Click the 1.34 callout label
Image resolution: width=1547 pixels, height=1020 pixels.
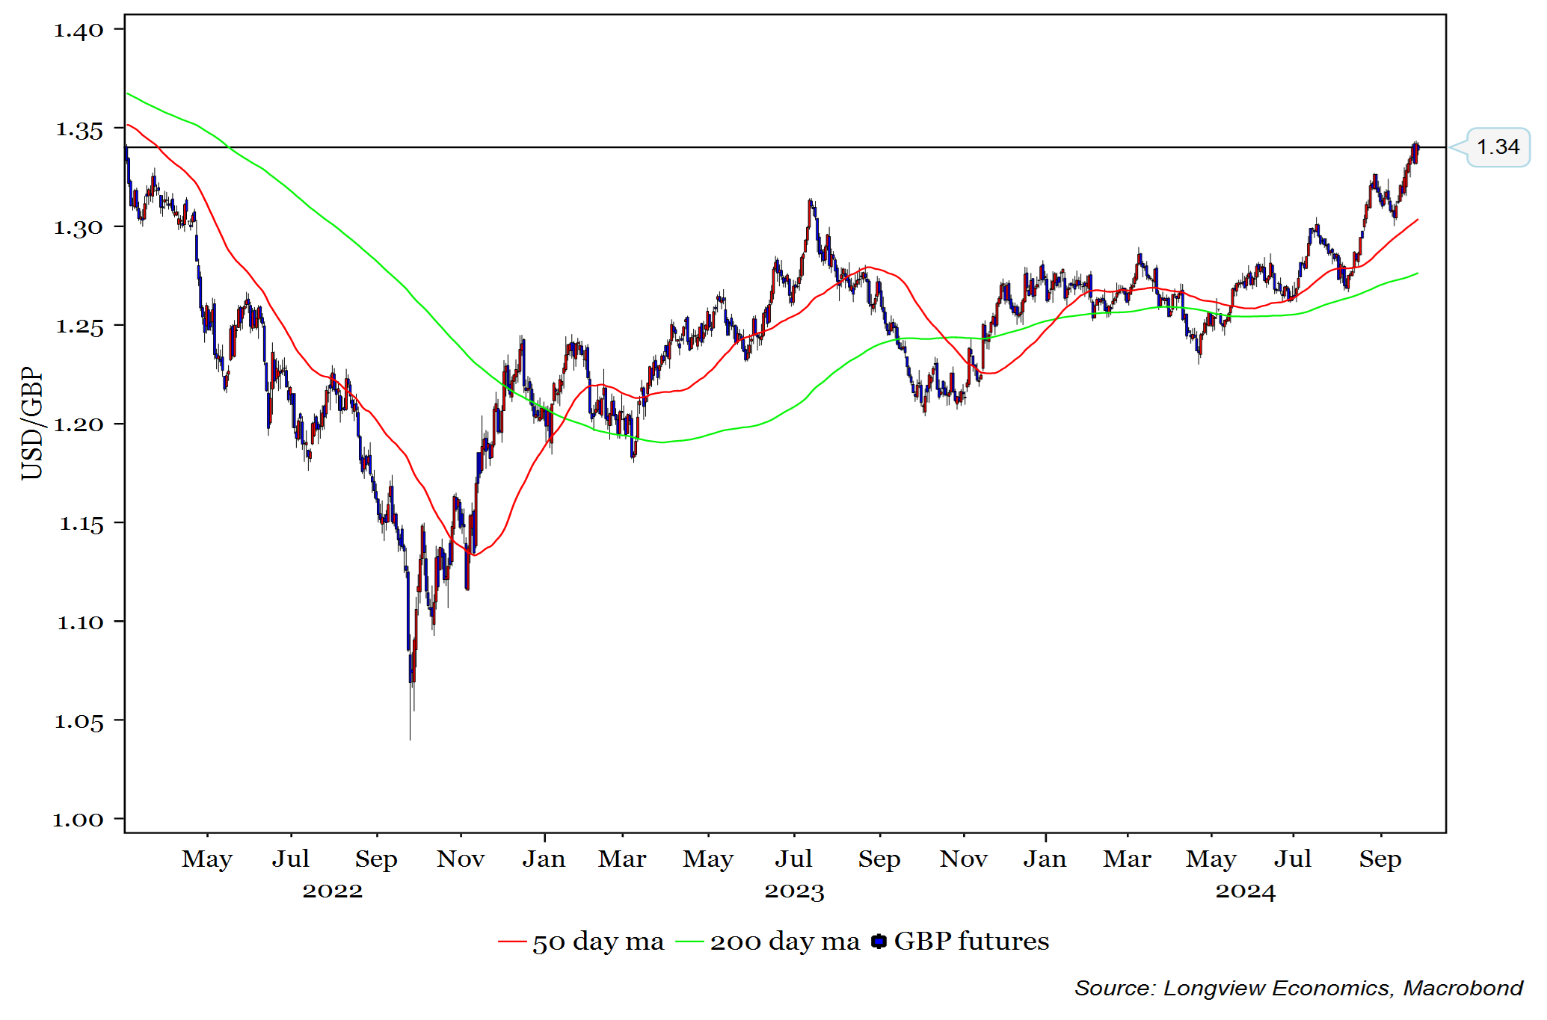tap(1498, 147)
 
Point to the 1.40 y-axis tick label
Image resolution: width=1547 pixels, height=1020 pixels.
tap(79, 31)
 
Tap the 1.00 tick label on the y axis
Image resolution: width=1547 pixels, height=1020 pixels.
tap(79, 820)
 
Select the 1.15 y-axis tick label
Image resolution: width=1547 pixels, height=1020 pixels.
tap(81, 524)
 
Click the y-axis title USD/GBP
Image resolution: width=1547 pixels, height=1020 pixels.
tap(32, 423)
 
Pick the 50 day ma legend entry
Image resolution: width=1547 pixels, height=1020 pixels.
tap(582, 942)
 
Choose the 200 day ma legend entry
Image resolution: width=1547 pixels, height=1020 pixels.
tap(769, 942)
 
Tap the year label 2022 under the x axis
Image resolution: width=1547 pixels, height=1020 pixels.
tap(333, 891)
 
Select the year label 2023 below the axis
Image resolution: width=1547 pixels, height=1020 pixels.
tap(794, 891)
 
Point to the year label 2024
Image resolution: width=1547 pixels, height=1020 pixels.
tap(1245, 891)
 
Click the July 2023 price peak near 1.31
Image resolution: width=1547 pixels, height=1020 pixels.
tap(811, 202)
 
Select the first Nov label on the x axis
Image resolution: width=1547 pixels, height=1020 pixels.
tap(461, 859)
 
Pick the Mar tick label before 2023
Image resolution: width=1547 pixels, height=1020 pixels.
tap(622, 859)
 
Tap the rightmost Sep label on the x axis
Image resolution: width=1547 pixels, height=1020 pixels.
tap(1380, 859)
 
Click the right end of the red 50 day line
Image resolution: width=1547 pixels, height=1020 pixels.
tap(1417, 220)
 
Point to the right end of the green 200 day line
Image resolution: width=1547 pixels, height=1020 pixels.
tap(1417, 273)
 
